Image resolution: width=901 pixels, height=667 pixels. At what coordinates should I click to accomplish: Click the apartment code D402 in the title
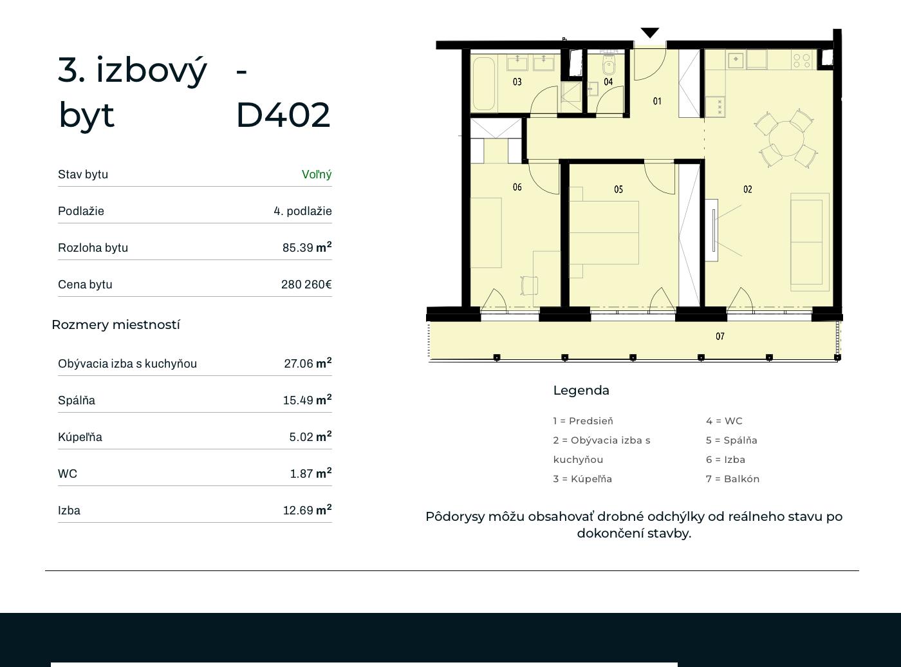click(283, 115)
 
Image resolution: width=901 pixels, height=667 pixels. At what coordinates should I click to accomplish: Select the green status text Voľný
click(317, 174)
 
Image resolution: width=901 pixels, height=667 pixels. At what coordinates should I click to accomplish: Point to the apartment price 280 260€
click(306, 284)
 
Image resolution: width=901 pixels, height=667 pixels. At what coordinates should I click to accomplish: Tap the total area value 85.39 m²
click(307, 247)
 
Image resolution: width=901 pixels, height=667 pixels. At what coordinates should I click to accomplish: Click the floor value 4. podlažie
click(302, 211)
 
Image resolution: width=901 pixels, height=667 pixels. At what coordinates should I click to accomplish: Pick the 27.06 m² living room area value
click(308, 363)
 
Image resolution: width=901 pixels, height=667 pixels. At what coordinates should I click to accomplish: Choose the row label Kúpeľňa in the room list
click(80, 437)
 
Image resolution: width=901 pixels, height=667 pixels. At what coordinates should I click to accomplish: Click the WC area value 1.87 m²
click(311, 473)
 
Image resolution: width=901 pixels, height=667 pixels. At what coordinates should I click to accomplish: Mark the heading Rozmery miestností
click(116, 324)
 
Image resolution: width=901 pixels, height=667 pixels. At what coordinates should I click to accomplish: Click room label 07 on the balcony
click(720, 336)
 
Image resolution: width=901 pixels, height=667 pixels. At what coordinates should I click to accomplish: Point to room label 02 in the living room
click(747, 189)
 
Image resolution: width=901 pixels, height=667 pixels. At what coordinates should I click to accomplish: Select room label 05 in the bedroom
click(618, 189)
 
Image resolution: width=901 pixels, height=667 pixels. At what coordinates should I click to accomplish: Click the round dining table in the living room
click(786, 138)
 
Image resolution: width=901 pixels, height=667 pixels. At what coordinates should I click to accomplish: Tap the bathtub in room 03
click(484, 84)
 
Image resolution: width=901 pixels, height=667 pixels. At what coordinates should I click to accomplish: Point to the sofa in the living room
click(810, 242)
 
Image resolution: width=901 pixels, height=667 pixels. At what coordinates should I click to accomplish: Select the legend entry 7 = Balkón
click(732, 479)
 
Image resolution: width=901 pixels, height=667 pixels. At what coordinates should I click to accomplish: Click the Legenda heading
click(581, 391)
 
